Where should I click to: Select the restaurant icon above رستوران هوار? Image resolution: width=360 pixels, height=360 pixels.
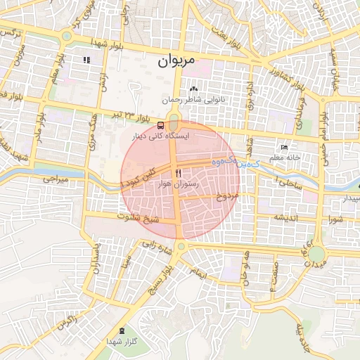(x=179, y=172)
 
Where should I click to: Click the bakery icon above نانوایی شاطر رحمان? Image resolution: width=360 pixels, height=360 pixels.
(x=193, y=89)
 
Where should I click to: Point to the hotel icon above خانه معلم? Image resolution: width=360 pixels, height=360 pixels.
(x=284, y=147)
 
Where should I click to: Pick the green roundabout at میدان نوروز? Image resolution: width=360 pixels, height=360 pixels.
(x=317, y=253)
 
